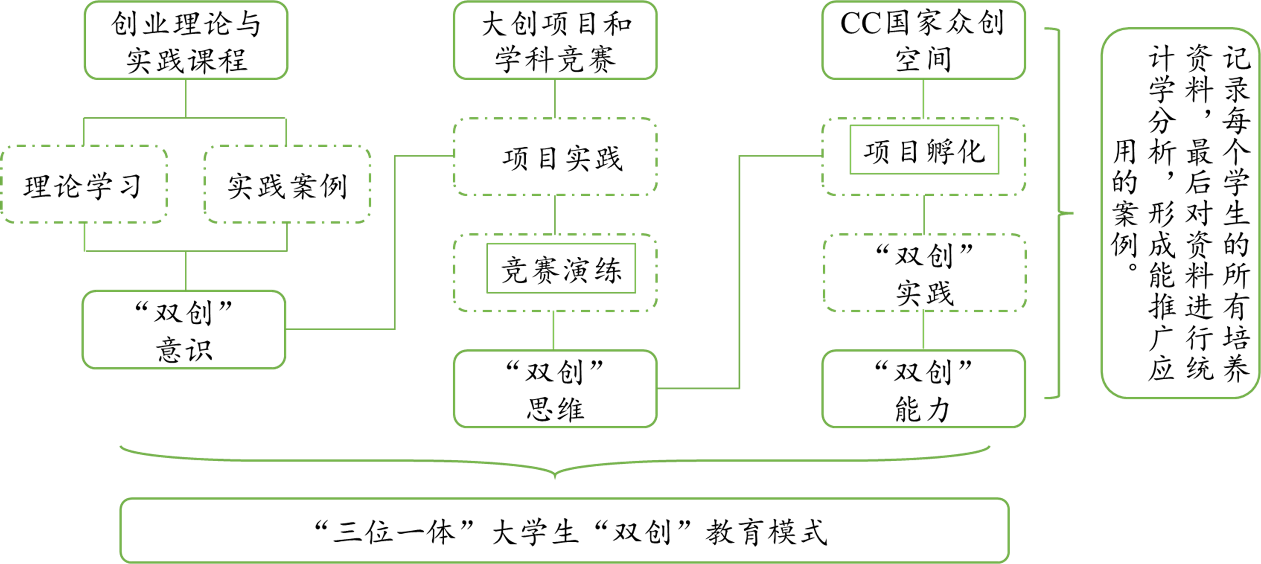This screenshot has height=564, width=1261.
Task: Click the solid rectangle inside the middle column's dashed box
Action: coord(561,268)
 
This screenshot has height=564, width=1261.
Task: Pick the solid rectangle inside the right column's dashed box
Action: coord(924,150)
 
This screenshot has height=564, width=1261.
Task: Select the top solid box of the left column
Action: coord(186,40)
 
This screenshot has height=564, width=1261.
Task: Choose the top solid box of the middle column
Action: coord(555,40)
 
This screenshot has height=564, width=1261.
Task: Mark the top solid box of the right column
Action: coord(923,40)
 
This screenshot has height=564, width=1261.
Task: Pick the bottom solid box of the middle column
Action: coord(555,389)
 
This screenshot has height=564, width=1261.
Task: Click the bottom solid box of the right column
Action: coord(923,389)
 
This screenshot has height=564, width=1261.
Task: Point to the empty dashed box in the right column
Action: coord(924,273)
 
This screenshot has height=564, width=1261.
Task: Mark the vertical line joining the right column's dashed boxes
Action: coord(924,215)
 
